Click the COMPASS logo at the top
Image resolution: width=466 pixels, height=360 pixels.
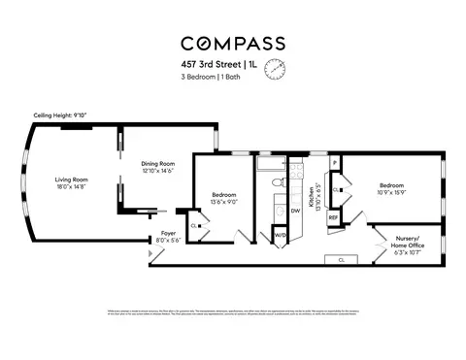click(233, 43)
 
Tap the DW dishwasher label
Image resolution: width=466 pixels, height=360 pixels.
click(295, 210)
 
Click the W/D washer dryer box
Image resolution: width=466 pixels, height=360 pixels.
click(280, 235)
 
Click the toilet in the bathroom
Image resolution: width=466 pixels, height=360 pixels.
click(276, 182)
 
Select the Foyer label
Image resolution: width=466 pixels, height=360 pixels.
click(168, 234)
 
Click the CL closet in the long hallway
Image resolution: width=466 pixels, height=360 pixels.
click(341, 260)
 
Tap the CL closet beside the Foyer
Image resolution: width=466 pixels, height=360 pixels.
click(195, 225)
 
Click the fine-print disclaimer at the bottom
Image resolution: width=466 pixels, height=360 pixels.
click(233, 312)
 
